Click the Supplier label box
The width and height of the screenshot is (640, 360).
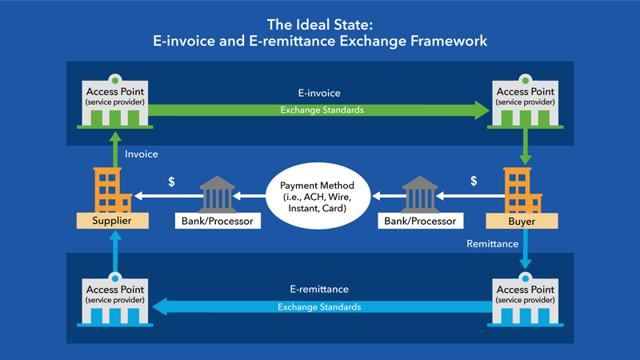point(113,220)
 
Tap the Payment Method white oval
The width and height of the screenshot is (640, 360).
point(319,194)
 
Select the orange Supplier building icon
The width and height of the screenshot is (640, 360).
point(113,190)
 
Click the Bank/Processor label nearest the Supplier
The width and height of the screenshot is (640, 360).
point(218,220)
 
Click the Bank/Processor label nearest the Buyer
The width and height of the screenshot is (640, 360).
point(421,220)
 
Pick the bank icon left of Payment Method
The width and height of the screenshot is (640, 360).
point(218,194)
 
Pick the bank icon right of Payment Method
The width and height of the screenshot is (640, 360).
point(421,194)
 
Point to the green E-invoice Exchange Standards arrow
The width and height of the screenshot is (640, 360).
point(320,110)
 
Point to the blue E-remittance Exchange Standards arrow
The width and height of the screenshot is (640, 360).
point(320,306)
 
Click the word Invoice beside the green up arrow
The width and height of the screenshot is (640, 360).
point(142,154)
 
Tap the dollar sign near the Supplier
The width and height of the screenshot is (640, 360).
point(171,182)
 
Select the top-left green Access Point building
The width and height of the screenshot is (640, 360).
point(113,103)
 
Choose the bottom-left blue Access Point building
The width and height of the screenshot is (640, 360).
point(113,300)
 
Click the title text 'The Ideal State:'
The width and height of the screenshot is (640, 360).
point(320,23)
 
